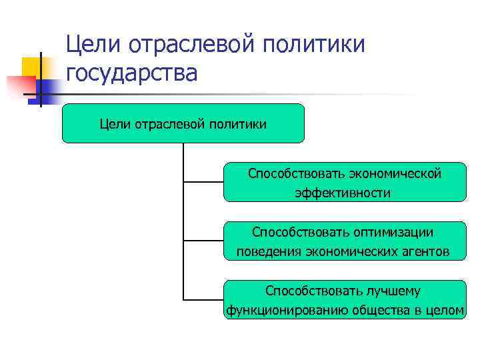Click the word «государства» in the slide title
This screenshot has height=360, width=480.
click(x=131, y=73)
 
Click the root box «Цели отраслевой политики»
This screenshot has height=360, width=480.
click(x=183, y=123)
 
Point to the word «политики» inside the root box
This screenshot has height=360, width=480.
click(x=237, y=123)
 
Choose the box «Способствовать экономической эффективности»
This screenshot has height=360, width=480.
click(x=345, y=182)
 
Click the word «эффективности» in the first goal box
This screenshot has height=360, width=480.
click(x=343, y=193)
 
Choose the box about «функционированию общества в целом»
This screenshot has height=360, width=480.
click(x=345, y=300)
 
